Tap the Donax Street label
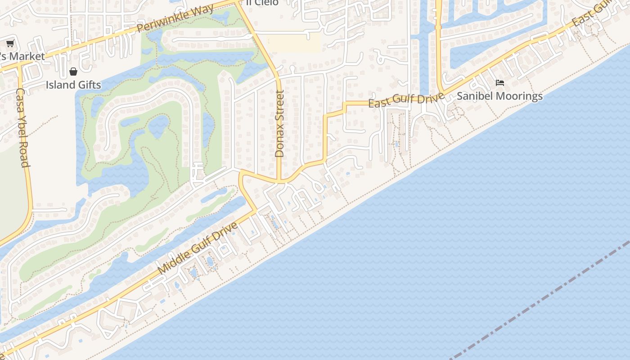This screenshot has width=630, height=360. (279, 124)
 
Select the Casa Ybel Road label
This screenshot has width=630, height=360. (23, 127)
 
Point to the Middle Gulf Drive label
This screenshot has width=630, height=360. (198, 248)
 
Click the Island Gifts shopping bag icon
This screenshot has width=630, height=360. (73, 72)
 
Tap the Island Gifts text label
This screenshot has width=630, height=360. (73, 85)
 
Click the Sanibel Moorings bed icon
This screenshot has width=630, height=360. (499, 83)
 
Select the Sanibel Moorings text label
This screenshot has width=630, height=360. (499, 96)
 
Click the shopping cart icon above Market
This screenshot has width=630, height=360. (10, 44)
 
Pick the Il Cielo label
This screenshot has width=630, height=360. (262, 3)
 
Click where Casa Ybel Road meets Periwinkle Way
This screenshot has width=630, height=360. (19, 65)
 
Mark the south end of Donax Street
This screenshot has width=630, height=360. (279, 181)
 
